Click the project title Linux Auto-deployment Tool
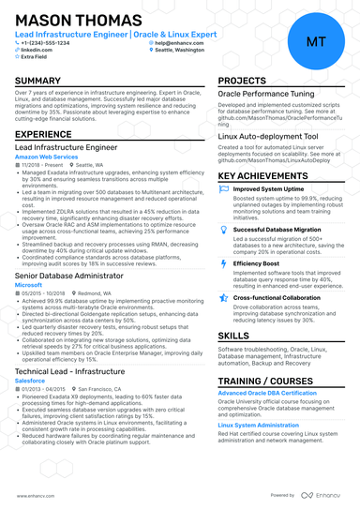point(268,136)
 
